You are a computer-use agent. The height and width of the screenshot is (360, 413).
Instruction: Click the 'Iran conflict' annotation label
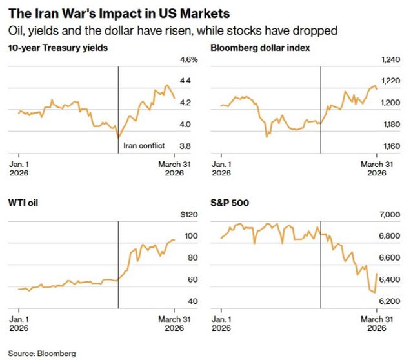click(x=144, y=146)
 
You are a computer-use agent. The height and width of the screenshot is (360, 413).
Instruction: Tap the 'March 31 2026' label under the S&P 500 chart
click(x=376, y=324)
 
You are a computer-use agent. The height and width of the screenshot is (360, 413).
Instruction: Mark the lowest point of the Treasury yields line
click(x=118, y=137)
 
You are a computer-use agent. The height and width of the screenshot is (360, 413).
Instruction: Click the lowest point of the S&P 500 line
click(x=374, y=292)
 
